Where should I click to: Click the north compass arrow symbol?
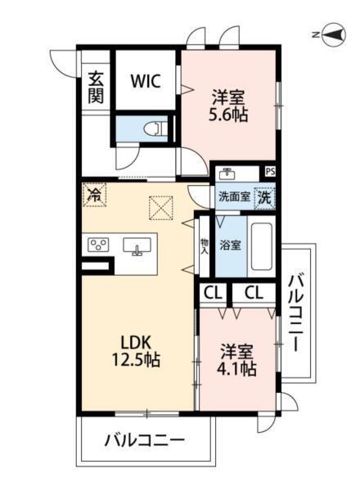[332, 34]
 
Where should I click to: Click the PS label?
[270, 172]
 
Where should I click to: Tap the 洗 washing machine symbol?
[264, 196]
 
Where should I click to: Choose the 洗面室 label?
[233, 197]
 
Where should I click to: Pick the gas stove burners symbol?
[99, 245]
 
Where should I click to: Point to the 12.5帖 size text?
[135, 359]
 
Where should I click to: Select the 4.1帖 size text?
[237, 369]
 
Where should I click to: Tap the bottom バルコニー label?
[144, 442]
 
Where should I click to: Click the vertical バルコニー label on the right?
[296, 313]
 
